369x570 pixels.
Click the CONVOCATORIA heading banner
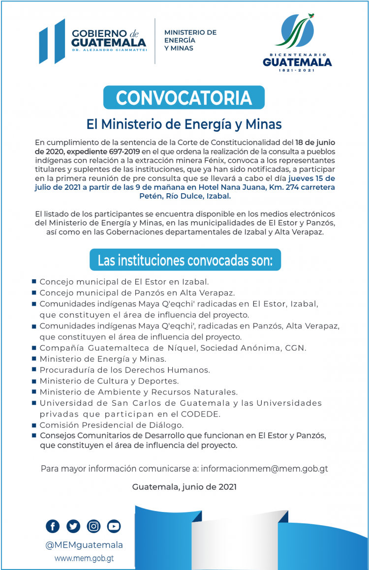[184, 97]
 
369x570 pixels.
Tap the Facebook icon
[53, 526]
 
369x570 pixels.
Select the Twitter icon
[73, 526]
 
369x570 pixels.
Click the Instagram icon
[93, 526]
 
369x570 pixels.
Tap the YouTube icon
[114, 526]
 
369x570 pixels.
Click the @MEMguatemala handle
[84, 545]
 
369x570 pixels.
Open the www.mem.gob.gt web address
[84, 558]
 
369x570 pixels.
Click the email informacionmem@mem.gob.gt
[264, 469]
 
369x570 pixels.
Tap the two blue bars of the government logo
[52, 41]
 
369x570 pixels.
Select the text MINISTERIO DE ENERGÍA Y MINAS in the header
[190, 40]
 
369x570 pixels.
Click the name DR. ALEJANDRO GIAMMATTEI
[109, 50]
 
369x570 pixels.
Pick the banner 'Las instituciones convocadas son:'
[184, 260]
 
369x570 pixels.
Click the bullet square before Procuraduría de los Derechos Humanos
[34, 369]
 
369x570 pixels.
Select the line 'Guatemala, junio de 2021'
[184, 487]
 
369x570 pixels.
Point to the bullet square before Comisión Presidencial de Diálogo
[34, 424]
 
